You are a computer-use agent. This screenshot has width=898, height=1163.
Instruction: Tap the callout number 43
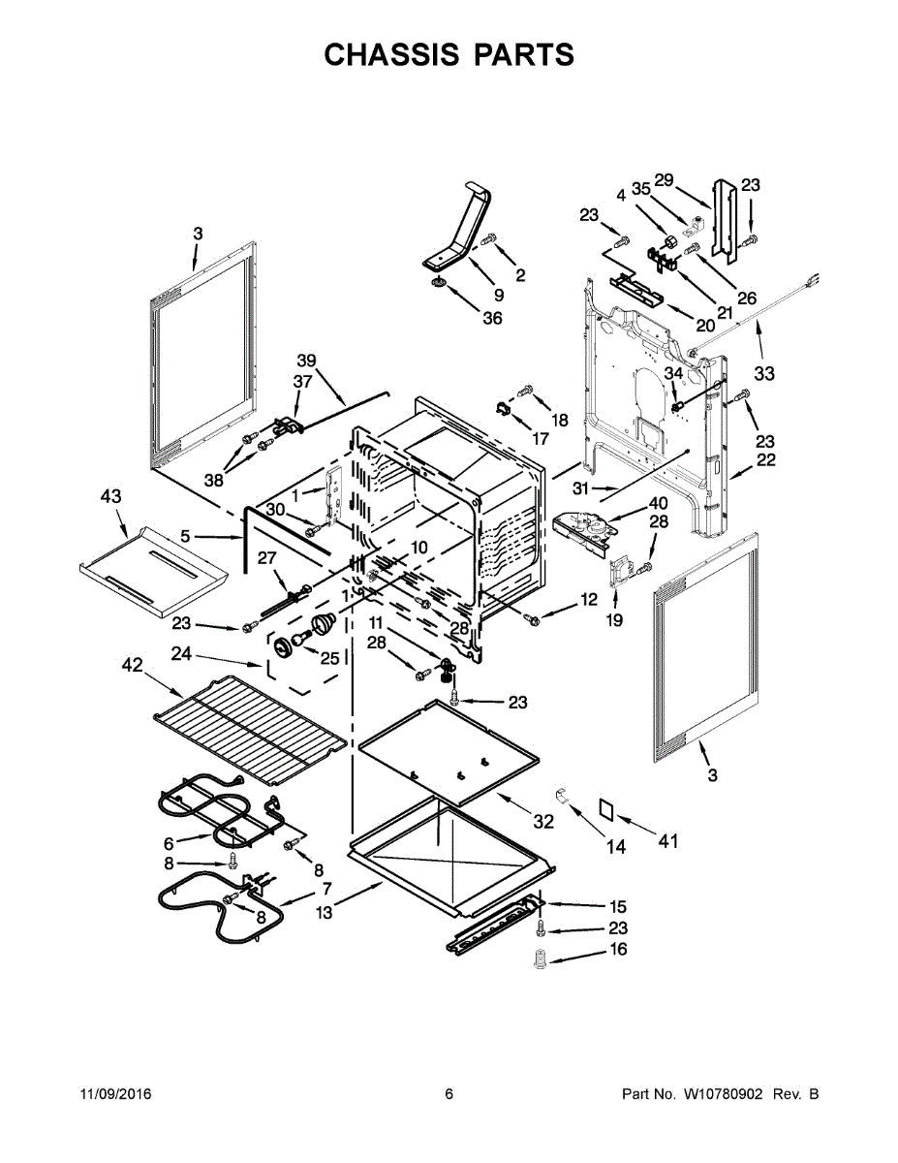(111, 496)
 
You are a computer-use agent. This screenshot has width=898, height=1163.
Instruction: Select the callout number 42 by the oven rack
(133, 665)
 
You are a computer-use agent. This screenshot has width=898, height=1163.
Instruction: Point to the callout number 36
(492, 318)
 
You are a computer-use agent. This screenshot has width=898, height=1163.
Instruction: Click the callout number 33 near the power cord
(764, 372)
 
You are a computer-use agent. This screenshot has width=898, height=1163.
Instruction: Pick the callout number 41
(668, 840)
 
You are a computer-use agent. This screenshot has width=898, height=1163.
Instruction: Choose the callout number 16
(617, 949)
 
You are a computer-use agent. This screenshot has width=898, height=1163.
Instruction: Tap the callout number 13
(325, 912)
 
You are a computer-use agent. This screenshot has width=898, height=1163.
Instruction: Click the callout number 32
(543, 822)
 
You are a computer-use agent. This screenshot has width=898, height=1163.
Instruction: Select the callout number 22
(765, 460)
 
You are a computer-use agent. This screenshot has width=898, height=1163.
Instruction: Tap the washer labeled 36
(439, 282)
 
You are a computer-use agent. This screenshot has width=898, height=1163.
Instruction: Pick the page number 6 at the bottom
(449, 1094)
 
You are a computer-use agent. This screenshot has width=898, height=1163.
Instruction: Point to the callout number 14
(616, 846)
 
